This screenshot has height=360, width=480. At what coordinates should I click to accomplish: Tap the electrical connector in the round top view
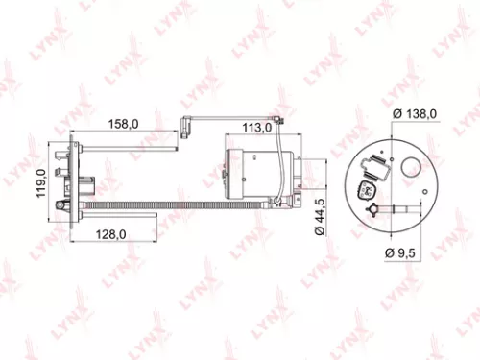[x=368, y=188]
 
